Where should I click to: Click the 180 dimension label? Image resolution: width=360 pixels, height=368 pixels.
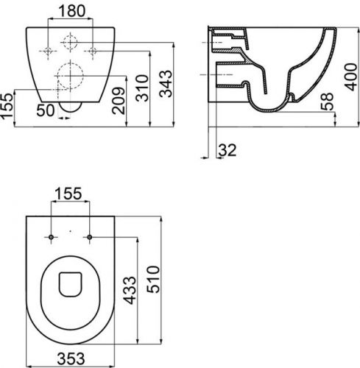[x=72, y=11]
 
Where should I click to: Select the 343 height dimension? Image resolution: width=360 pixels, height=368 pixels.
[x=166, y=84]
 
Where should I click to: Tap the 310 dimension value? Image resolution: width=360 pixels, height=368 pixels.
[x=142, y=88]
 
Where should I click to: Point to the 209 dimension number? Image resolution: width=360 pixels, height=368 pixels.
[x=119, y=101]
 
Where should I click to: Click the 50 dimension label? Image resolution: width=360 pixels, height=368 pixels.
[x=46, y=110]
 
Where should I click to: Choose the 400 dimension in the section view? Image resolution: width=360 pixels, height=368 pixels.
[x=350, y=77]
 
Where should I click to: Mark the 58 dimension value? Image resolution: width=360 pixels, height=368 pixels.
[x=327, y=102]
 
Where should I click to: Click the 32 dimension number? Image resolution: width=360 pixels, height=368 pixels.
[x=227, y=150]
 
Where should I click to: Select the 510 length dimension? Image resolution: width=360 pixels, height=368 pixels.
[x=153, y=279]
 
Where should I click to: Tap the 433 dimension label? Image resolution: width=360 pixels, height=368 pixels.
[x=130, y=291]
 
